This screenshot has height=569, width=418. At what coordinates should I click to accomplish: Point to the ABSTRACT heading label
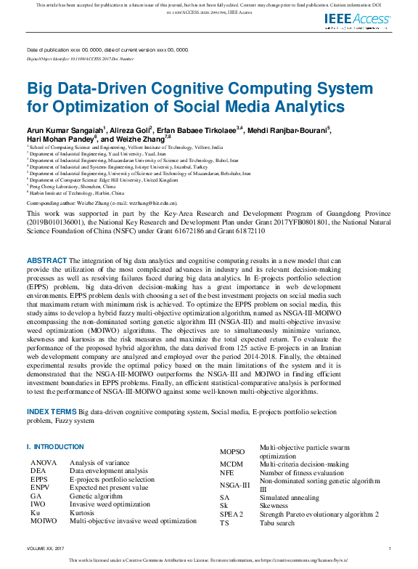pyautogui.click(x=46, y=260)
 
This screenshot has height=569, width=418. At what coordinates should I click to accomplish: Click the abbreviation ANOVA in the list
pyautogui.click(x=42, y=462)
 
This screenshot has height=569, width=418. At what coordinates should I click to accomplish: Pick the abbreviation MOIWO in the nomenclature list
pyautogui.click(x=44, y=521)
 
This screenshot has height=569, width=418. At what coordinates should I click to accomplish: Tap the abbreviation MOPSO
pyautogui.click(x=232, y=452)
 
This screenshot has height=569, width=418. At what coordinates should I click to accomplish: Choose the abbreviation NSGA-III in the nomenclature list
pyautogui.click(x=234, y=485)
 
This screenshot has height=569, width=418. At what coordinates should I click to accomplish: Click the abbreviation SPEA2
pyautogui.click(x=232, y=514)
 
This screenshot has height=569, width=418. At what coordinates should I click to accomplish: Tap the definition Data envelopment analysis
pyautogui.click(x=108, y=471)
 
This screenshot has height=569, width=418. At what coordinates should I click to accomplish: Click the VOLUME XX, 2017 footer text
pyautogui.click(x=45, y=548)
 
